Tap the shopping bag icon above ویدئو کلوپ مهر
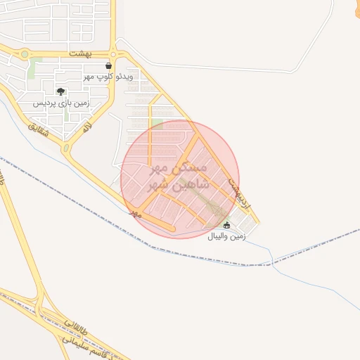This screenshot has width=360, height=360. pos(108,65)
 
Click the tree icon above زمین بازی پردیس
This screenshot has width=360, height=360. pos(60,91)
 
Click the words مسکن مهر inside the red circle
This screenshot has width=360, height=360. pos(180,169)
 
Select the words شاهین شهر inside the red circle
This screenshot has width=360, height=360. pos(176,186)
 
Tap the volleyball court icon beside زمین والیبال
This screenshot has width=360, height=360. pos(226,225)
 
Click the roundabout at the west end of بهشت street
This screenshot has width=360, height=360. pos(25,53)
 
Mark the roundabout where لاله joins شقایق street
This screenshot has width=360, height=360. pos(66,148)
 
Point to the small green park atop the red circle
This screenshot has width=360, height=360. pos(157,124)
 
